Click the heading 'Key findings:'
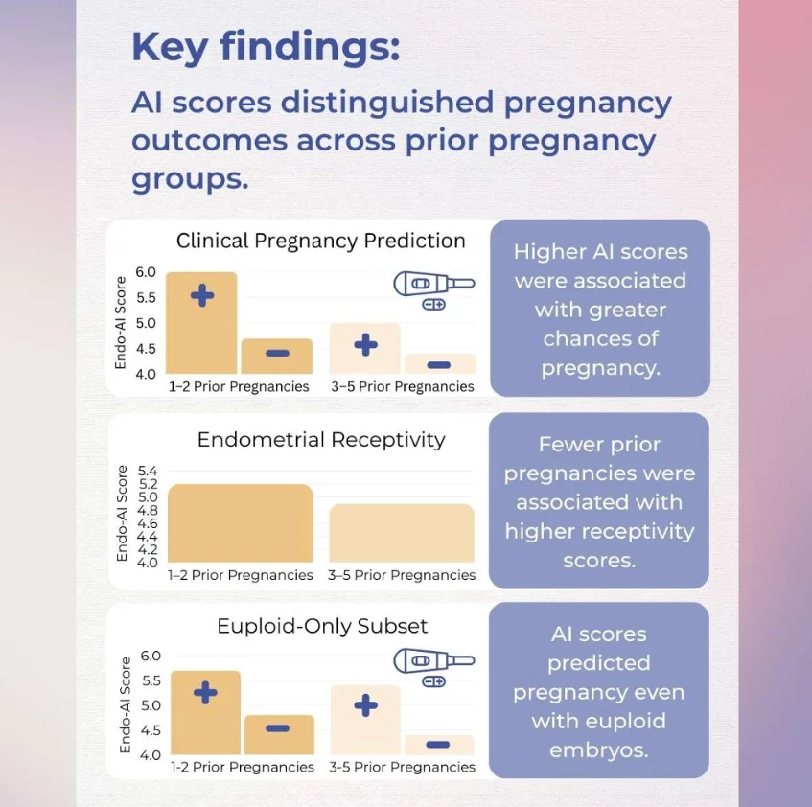coord(265,47)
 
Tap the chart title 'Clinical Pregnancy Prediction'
coord(320,241)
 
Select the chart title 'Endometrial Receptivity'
coord(321,440)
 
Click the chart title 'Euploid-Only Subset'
coord(322,626)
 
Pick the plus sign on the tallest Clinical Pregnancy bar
coord(202,295)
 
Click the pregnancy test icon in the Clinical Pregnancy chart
coord(433,285)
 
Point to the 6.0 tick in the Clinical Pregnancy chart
coord(145,272)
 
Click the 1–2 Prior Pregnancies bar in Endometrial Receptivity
coord(240,523)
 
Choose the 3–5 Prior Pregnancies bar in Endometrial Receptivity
coord(402,533)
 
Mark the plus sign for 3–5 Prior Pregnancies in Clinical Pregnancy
coord(365,345)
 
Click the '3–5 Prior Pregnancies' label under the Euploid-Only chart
coord(402,767)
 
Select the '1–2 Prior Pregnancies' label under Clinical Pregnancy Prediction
coord(239,387)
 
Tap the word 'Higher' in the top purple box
coord(550,252)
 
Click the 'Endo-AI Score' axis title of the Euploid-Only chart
coord(126,704)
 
